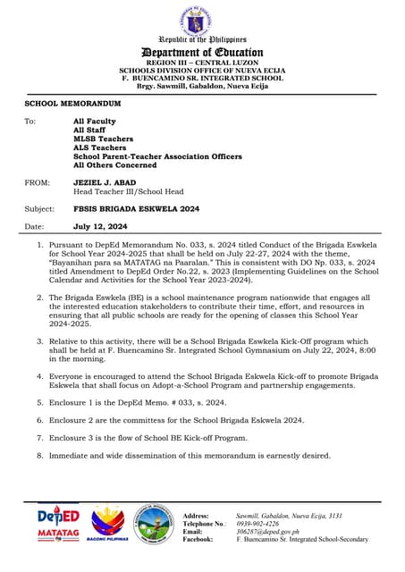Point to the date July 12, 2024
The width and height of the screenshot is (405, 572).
tap(100, 226)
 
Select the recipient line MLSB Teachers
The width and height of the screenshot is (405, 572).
tap(103, 139)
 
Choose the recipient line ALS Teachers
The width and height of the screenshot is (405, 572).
tap(99, 147)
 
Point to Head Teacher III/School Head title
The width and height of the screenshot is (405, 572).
tap(128, 191)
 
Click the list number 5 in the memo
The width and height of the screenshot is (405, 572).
tap(39, 403)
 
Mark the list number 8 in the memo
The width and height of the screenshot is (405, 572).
tap(39, 455)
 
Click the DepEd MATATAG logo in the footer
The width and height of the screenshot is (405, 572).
tap(58, 524)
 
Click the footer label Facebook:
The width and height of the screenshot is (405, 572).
tap(198, 540)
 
